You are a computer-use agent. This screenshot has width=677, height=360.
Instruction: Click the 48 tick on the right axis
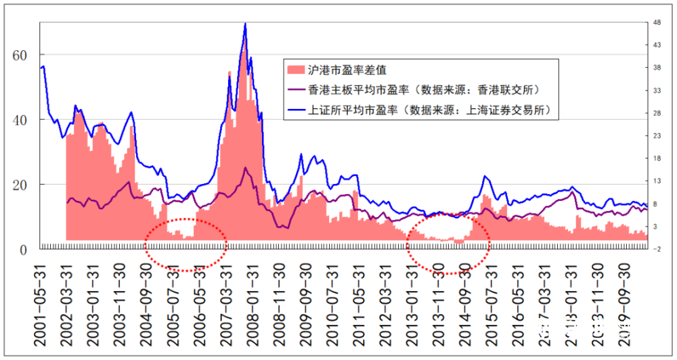657,22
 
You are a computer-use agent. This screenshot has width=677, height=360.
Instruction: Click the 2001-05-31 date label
43,301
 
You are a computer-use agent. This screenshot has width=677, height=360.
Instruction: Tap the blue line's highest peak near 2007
245,24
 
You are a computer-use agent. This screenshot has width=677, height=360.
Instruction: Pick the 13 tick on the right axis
657,181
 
